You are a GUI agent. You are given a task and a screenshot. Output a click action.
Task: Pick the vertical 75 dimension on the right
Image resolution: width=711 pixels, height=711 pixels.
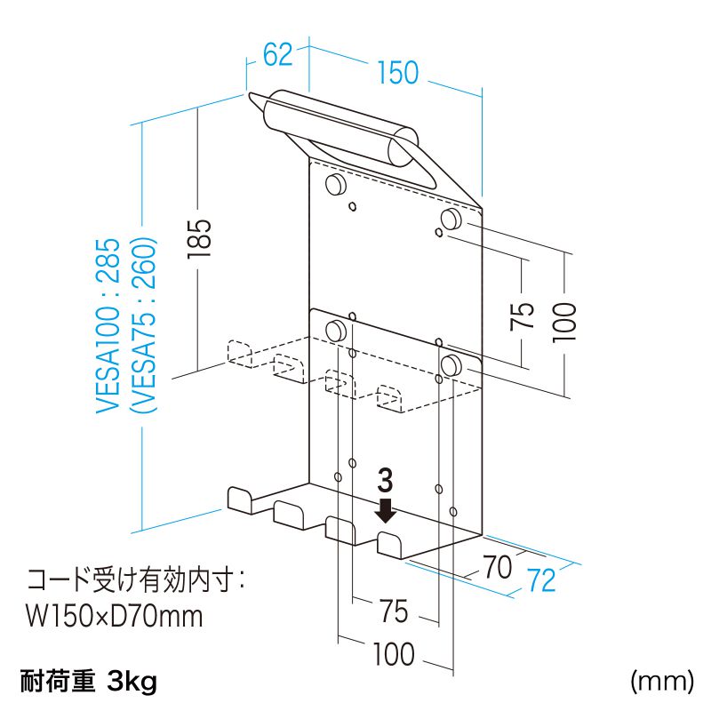click(523, 315)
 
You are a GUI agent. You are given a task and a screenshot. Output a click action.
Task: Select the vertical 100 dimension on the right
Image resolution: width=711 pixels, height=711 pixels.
click(566, 321)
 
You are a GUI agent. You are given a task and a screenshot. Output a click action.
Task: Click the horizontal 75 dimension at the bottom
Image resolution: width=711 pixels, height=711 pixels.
click(393, 611)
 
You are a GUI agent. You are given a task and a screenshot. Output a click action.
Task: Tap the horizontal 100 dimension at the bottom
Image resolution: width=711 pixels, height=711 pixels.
click(393, 655)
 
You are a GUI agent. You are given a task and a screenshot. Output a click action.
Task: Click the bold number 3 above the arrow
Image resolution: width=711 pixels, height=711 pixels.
click(385, 481)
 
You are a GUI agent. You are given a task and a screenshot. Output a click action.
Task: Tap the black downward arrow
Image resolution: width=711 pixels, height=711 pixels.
click(386, 510)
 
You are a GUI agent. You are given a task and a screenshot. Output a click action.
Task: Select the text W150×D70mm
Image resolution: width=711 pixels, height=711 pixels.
click(115, 615)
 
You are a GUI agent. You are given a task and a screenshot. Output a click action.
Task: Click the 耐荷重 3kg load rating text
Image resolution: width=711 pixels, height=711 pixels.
click(88, 682)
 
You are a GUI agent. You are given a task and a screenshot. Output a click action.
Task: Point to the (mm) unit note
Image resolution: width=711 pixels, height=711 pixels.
click(661, 682)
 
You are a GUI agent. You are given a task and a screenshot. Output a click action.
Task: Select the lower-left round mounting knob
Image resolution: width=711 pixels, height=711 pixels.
click(337, 331)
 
